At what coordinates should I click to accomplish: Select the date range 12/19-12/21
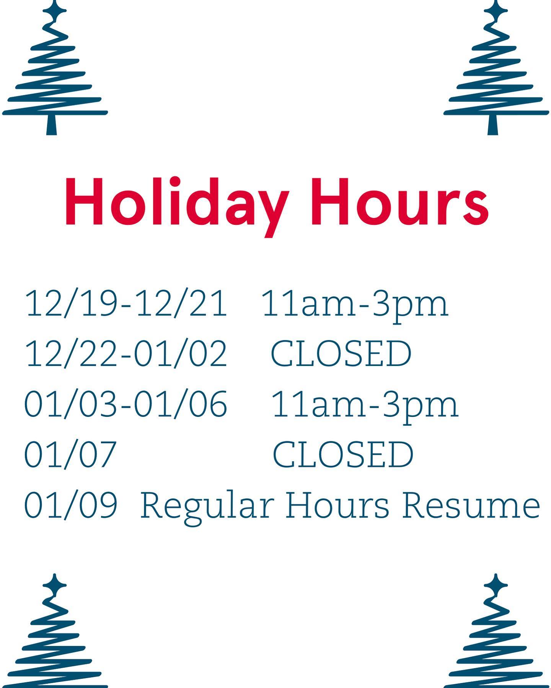[126, 303]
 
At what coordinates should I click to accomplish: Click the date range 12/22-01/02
[126, 353]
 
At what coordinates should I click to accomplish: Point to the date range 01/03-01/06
[126, 404]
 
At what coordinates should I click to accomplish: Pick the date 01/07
[70, 454]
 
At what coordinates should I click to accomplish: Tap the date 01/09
[70, 504]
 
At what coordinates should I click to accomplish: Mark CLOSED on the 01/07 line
[343, 454]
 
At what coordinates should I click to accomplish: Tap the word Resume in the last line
[471, 504]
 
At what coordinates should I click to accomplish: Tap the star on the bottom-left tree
[55, 585]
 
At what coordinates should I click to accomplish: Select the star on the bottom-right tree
[496, 585]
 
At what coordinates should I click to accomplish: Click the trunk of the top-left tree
[52, 125]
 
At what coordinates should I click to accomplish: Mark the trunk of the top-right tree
[493, 125]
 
